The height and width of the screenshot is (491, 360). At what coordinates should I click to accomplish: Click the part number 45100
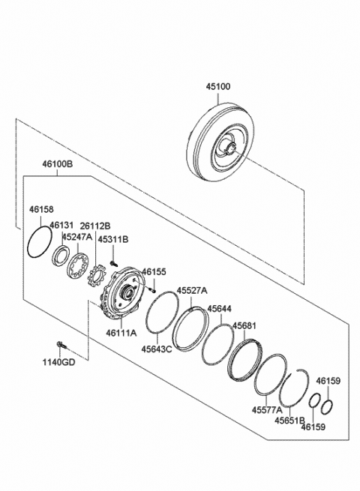219,87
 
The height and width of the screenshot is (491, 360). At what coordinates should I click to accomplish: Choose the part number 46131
62,225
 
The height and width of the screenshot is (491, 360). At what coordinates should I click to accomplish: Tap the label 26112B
95,225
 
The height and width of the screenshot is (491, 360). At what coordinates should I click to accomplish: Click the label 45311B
114,239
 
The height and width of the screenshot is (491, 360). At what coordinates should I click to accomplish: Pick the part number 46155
154,271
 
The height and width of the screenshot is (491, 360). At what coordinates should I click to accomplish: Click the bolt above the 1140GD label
61,346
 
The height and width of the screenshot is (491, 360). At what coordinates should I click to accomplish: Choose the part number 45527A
192,291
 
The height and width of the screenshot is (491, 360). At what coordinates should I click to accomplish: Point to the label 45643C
157,349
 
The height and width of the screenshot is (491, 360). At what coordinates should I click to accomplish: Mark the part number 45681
244,326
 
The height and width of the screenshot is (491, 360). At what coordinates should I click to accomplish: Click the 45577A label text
267,410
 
